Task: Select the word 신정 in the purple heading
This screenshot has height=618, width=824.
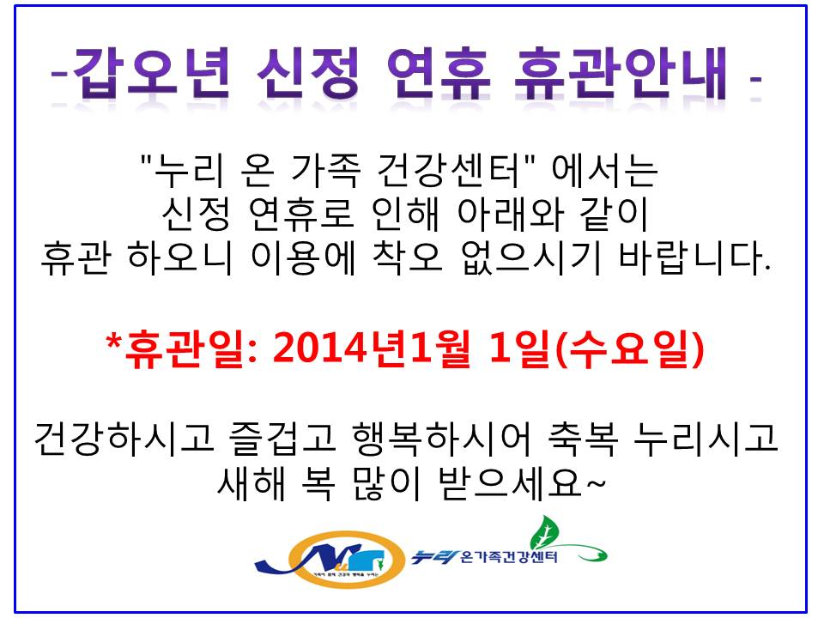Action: pos(308,73)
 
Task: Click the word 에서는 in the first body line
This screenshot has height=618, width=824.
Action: pos(604,171)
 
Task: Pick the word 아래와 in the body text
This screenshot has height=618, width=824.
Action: pos(511,215)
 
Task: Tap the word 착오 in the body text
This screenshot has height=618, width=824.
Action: pos(408,258)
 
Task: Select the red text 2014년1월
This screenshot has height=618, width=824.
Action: pos(372,348)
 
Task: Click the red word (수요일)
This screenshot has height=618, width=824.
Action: pos(629,348)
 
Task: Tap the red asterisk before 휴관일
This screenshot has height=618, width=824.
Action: pos(113,341)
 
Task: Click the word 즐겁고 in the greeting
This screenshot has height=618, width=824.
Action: pos(282,438)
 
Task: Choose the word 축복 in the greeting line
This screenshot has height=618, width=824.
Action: pos(583,438)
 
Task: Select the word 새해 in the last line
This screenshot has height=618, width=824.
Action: pos(251,482)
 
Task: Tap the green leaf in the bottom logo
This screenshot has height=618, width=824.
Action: pos(544,532)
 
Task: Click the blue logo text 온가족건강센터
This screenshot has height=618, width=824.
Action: pos(508,556)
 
